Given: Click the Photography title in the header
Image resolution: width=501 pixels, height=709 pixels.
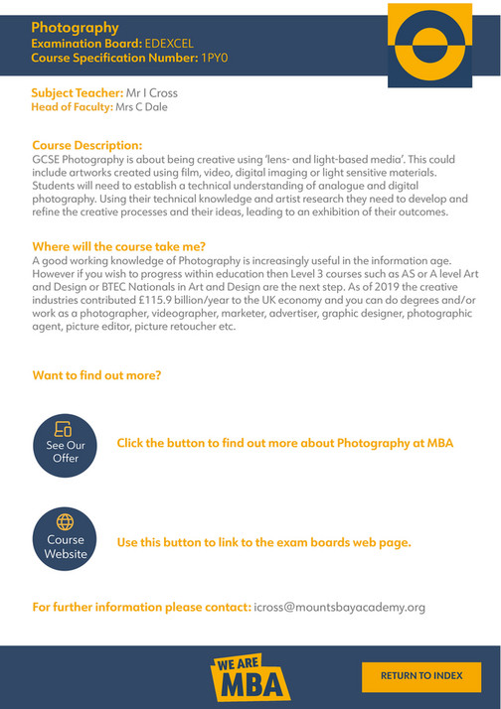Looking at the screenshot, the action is click(x=75, y=28).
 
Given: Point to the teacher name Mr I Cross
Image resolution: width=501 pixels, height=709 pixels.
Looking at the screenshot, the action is click(x=152, y=93).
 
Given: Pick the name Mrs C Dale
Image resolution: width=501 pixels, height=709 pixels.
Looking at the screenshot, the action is click(x=141, y=107).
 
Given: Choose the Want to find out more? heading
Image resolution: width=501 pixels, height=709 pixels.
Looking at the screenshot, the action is click(x=96, y=375).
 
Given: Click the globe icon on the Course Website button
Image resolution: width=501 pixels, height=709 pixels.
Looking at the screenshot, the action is click(x=66, y=521).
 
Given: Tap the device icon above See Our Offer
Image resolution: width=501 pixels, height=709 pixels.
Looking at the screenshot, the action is click(x=66, y=429).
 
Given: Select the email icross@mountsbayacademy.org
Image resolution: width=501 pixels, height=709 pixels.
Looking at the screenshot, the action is click(x=340, y=607).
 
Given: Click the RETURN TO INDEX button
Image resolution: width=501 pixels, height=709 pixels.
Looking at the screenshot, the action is click(x=421, y=675).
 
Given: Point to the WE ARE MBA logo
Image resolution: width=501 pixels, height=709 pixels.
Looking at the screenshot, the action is click(x=250, y=677).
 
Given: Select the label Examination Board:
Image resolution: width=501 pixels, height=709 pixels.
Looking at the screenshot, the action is click(x=86, y=45).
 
